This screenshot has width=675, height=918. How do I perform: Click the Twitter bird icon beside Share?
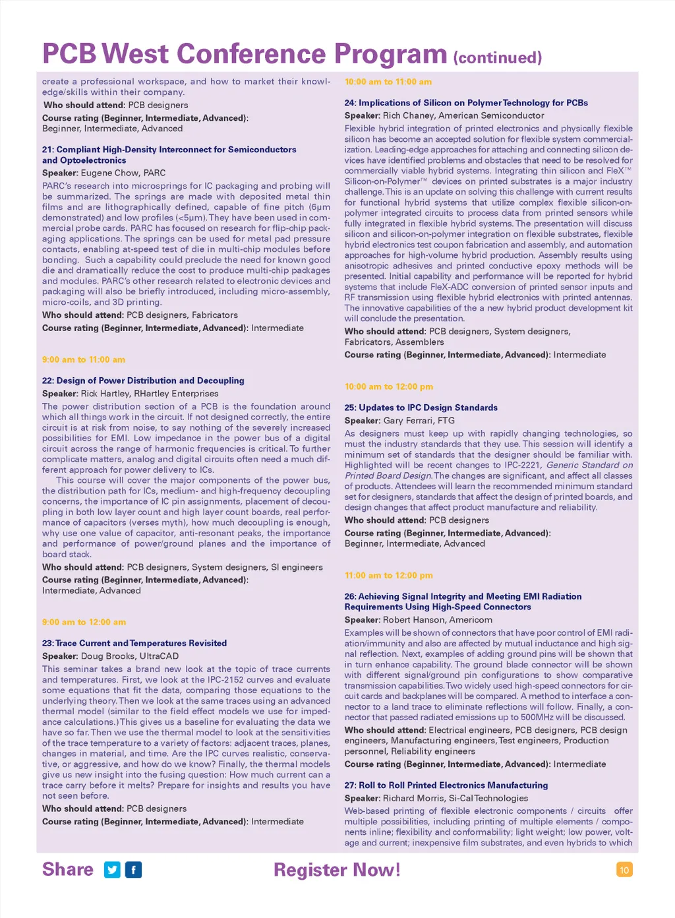coord(113,870)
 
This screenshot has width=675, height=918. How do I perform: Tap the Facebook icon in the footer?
coord(133,870)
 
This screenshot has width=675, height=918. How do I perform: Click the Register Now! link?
coord(337,870)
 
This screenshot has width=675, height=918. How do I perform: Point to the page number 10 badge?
coord(624,870)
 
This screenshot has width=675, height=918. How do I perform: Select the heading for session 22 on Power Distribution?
coord(143,381)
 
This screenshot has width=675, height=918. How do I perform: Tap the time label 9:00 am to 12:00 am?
coord(84,622)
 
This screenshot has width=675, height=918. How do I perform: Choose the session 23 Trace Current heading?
coord(134,643)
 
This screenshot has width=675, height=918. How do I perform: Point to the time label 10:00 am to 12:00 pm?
coord(389,386)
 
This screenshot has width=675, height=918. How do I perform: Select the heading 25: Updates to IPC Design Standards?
coord(421,408)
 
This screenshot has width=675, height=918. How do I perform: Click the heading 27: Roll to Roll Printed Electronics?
coord(446,785)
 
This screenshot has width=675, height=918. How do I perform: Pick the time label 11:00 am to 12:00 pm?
coord(389,575)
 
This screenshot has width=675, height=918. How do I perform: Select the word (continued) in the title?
coord(498,58)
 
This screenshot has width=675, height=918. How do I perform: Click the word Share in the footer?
coord(68,870)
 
